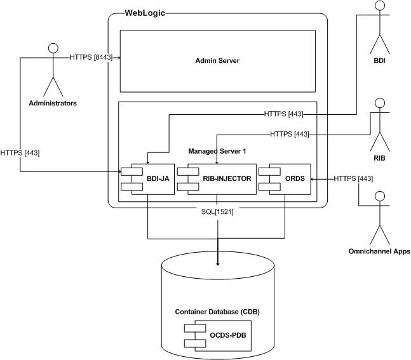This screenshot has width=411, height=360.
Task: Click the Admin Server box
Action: (x=217, y=61)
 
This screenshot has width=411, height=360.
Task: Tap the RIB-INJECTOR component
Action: (x=216, y=178)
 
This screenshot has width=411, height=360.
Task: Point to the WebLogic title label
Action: (x=145, y=13)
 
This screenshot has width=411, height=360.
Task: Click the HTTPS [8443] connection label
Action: (x=91, y=57)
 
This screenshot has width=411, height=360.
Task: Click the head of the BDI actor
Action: (x=381, y=6)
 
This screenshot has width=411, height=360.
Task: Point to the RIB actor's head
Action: (x=381, y=103)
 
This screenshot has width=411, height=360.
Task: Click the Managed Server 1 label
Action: (x=217, y=151)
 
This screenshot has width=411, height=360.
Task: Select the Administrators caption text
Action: (x=53, y=102)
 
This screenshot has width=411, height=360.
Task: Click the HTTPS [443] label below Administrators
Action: (x=20, y=152)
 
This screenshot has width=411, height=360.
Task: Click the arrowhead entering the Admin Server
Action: (x=118, y=58)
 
